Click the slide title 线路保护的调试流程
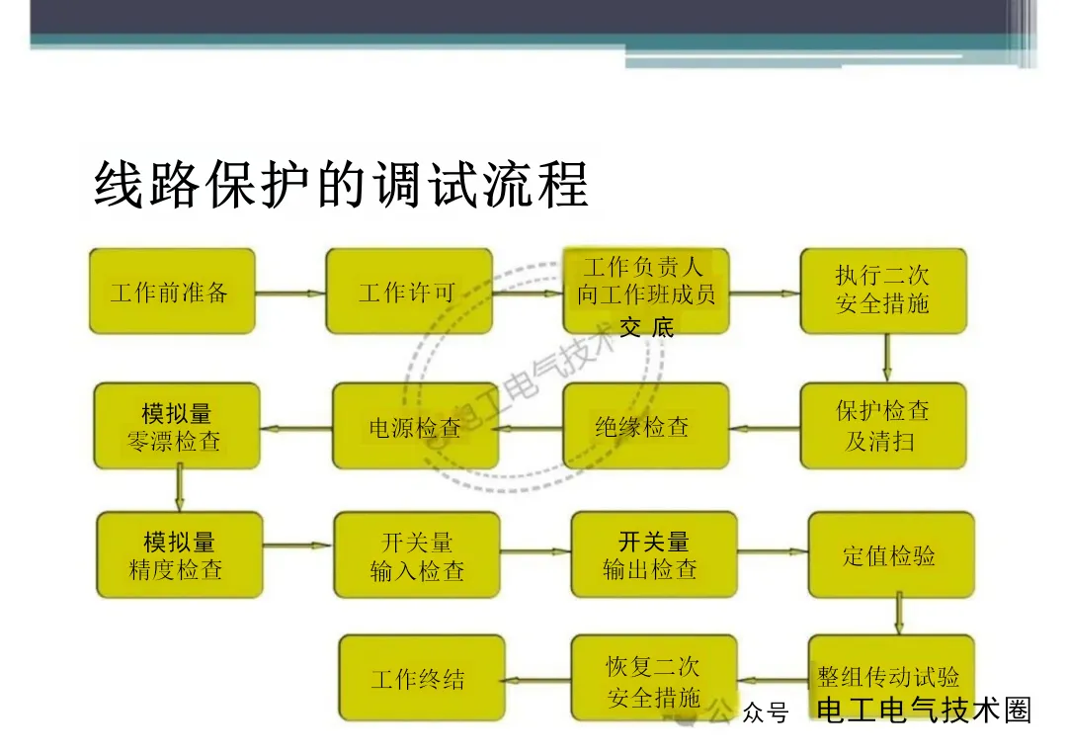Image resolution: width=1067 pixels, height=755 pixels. click(x=341, y=184)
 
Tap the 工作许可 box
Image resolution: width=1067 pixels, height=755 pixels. click(x=408, y=292)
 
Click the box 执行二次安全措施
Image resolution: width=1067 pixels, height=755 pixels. click(x=882, y=292)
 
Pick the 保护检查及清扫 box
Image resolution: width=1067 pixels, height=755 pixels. click(x=882, y=426)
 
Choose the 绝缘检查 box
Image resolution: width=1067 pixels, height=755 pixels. click(x=645, y=427)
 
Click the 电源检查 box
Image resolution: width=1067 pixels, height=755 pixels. click(x=415, y=427)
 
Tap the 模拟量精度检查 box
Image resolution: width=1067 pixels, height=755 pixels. click(x=179, y=555)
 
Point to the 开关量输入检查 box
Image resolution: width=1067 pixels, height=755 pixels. click(x=417, y=555)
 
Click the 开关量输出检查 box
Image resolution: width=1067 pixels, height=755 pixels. click(x=653, y=555)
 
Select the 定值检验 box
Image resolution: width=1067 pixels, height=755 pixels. click(x=890, y=555)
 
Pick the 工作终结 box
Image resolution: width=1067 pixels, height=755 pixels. click(x=421, y=679)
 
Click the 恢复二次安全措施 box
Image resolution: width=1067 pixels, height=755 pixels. click(x=653, y=679)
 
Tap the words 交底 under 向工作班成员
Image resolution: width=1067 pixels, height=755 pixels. click(x=647, y=329)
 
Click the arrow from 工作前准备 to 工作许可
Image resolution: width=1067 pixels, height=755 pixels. click(x=290, y=294)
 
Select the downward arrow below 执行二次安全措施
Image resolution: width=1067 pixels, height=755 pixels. click(x=886, y=358)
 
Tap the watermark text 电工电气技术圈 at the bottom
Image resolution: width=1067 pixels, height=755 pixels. click(x=924, y=711)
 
